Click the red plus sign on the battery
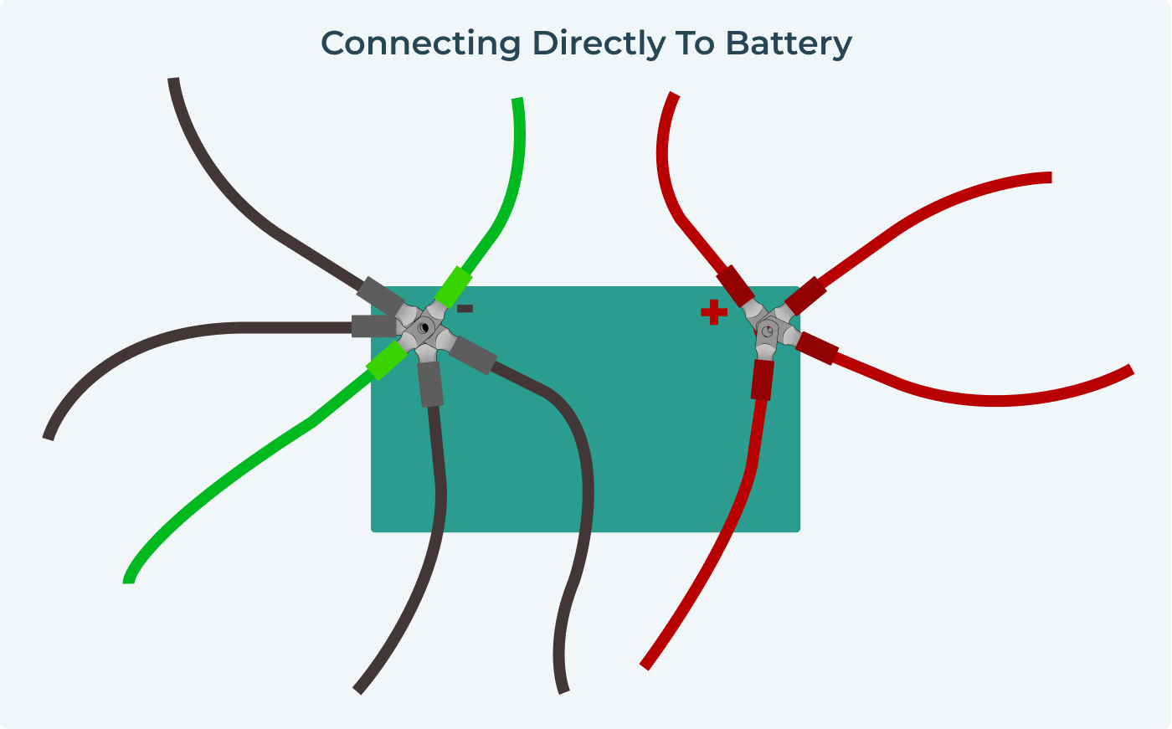pos(713,312)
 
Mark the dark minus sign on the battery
pos(465,309)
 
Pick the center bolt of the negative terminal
pos(424,326)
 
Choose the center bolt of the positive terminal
pos(768,332)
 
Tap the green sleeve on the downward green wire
pos(387,360)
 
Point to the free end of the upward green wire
pos(517,100)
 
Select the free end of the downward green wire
pos(129,579)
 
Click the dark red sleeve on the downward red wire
pos(762,379)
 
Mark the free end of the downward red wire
pos(645,665)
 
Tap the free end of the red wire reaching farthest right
pos(1130,370)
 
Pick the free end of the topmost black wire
pos(173,80)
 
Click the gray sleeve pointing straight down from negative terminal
pos(429,385)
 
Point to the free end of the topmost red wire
pos(674,95)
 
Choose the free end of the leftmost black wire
pos(49,437)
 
